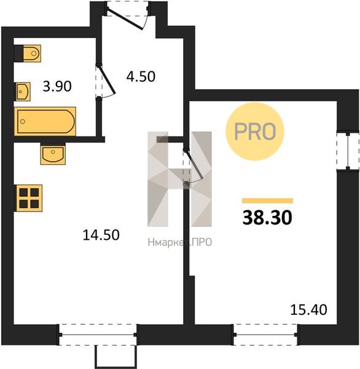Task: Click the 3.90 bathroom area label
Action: (x=57, y=86)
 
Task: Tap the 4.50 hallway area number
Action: (x=141, y=76)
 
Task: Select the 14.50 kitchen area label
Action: (x=101, y=235)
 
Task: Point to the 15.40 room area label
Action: (x=308, y=310)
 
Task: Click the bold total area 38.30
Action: (x=267, y=218)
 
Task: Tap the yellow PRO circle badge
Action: (x=255, y=132)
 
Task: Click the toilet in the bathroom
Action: (x=28, y=54)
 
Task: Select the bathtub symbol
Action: (x=45, y=121)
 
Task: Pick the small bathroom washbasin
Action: (x=23, y=92)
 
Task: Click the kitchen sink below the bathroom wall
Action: (x=53, y=154)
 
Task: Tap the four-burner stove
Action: (x=29, y=198)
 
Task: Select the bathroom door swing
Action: (x=106, y=81)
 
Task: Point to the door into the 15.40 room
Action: (x=193, y=166)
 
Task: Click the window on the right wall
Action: (x=348, y=151)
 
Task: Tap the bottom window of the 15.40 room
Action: (x=265, y=335)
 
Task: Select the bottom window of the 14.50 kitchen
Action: (x=98, y=335)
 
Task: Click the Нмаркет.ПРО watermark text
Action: (x=180, y=242)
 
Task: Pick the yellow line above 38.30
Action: (x=268, y=200)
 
